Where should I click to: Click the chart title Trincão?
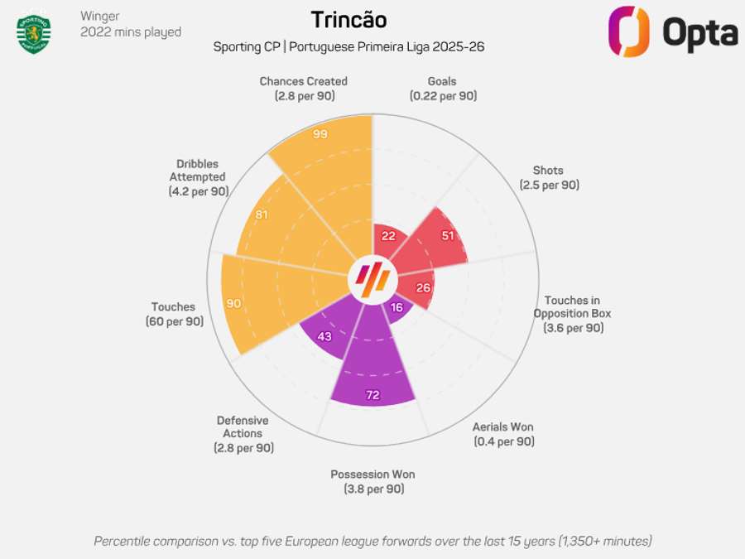coord(348,20)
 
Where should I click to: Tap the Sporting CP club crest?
coord(34,33)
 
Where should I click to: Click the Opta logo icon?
coord(628,31)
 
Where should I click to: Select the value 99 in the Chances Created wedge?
coord(320,134)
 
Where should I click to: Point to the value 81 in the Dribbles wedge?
coord(261,215)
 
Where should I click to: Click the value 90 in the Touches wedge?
coord(233,304)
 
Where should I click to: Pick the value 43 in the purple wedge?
coord(324,336)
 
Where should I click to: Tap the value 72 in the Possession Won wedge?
coord(372,395)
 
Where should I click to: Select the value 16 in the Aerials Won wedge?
coord(397,307)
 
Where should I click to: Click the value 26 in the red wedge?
coord(423,288)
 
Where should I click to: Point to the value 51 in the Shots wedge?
coord(448,235)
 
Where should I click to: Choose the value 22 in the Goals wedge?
coord(388,235)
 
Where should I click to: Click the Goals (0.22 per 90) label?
coord(442,89)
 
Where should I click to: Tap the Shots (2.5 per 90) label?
coord(549,178)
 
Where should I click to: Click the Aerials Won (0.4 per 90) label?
coord(503,434)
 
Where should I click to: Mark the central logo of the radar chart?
coord(372,279)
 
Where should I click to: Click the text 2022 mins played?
coord(131,32)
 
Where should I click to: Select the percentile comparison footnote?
coord(372,541)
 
